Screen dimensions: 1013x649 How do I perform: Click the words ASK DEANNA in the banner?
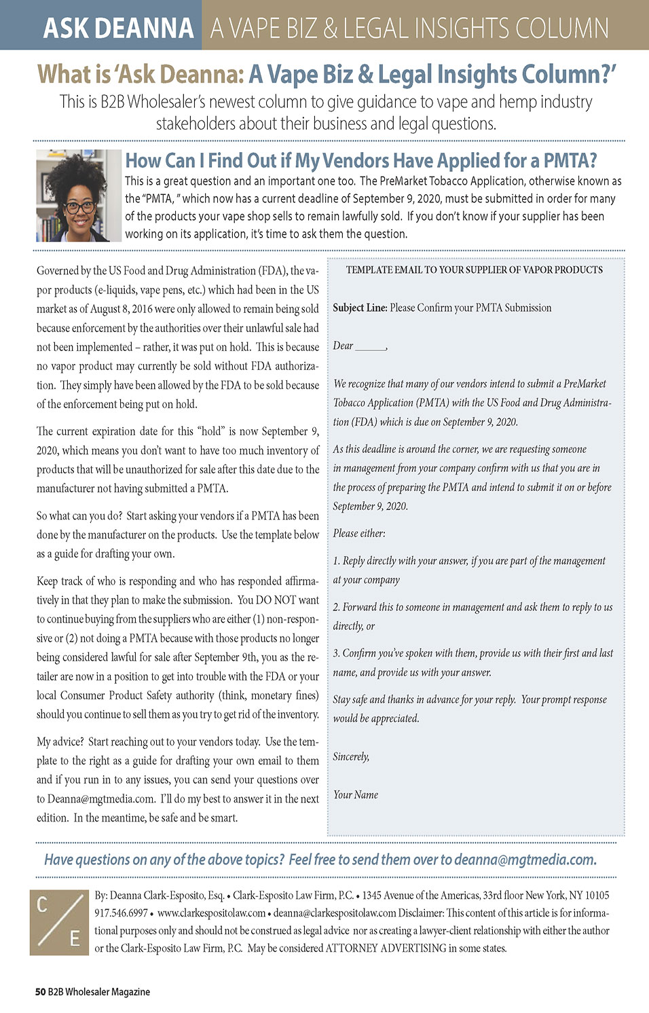pyautogui.click(x=119, y=28)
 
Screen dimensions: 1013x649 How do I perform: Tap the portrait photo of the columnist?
pyautogui.click(x=78, y=196)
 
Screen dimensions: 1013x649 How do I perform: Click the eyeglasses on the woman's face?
pyautogui.click(x=80, y=206)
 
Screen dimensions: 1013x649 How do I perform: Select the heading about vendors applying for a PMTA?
pyautogui.click(x=361, y=161)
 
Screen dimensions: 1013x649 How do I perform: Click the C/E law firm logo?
pyautogui.click(x=59, y=922)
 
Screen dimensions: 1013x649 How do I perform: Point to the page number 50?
pyautogui.click(x=40, y=992)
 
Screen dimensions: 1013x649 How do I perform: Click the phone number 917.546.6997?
pyautogui.click(x=121, y=913)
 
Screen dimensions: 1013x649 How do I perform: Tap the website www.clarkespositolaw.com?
pyautogui.click(x=211, y=913)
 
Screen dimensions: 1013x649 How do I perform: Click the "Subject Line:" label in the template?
pyautogui.click(x=360, y=308)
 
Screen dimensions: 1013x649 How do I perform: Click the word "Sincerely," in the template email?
pyautogui.click(x=351, y=756)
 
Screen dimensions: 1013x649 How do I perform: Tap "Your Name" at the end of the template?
pyautogui.click(x=356, y=794)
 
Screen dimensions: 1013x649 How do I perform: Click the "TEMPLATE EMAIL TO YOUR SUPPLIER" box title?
pyautogui.click(x=474, y=270)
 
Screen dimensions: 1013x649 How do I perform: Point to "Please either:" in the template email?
pyautogui.click(x=359, y=533)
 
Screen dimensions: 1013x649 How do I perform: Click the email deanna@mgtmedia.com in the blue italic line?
pyautogui.click(x=525, y=860)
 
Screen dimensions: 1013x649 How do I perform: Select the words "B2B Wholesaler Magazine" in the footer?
pyautogui.click(x=99, y=992)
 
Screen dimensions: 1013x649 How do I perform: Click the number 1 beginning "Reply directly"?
pyautogui.click(x=336, y=561)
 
